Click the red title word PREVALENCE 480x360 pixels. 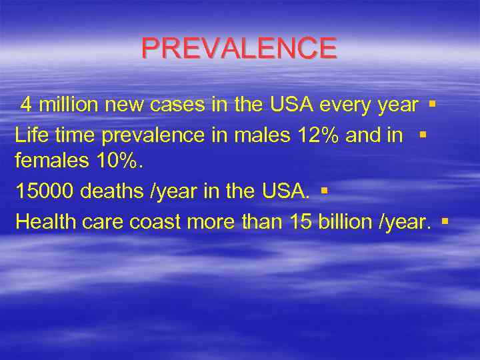pos(239,49)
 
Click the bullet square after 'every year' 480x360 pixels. pos(432,104)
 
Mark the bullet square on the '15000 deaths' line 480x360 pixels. pos(323,191)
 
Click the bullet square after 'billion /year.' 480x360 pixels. pos(444,221)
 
